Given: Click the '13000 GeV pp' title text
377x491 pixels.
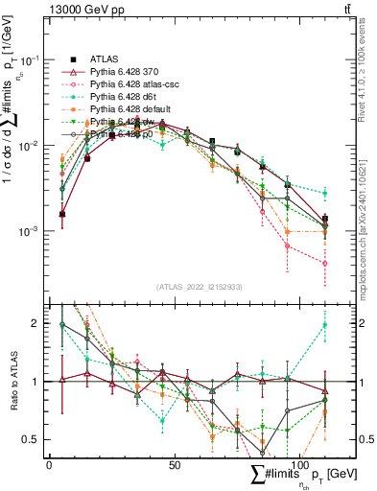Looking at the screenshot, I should pyautogui.click(x=83, y=10).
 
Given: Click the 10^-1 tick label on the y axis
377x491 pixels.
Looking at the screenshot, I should pyautogui.click(x=31, y=59).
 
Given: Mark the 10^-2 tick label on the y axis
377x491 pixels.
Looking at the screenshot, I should pyautogui.click(x=31, y=146).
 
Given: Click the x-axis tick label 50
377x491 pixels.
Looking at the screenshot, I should pyautogui.click(x=175, y=464).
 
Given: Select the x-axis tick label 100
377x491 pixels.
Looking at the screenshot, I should pyautogui.click(x=299, y=464).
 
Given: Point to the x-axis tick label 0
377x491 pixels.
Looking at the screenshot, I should pyautogui.click(x=49, y=464).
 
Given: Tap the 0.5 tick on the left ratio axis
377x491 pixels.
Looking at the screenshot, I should pyautogui.click(x=35, y=440).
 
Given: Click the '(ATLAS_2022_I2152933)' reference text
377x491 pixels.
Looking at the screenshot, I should pyautogui.click(x=200, y=287).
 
